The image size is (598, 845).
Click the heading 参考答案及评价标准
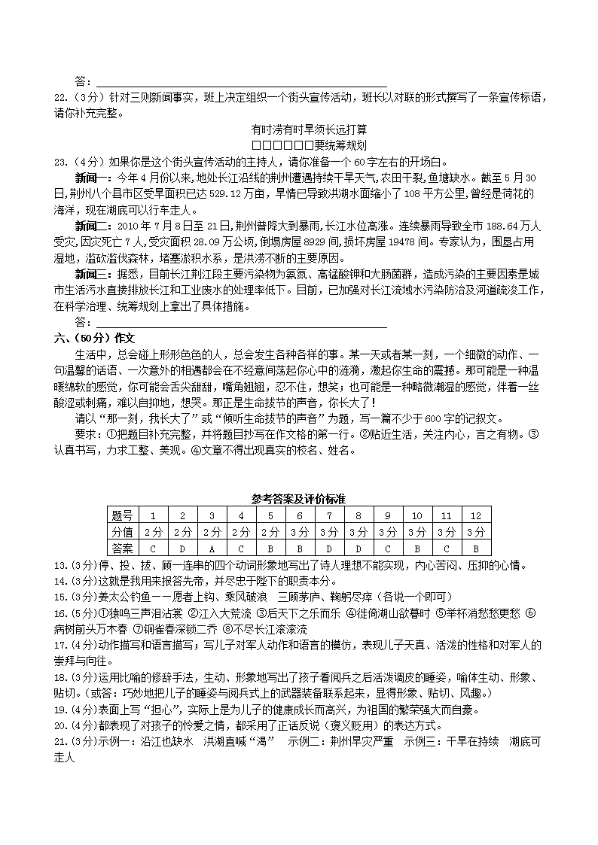tap(299, 499)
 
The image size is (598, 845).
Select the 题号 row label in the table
tap(123, 515)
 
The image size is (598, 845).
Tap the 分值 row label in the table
tap(123, 532)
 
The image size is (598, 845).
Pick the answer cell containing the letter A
tap(212, 549)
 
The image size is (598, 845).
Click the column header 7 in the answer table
tap(329, 515)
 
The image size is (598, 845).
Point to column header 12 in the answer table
tap(475, 515)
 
